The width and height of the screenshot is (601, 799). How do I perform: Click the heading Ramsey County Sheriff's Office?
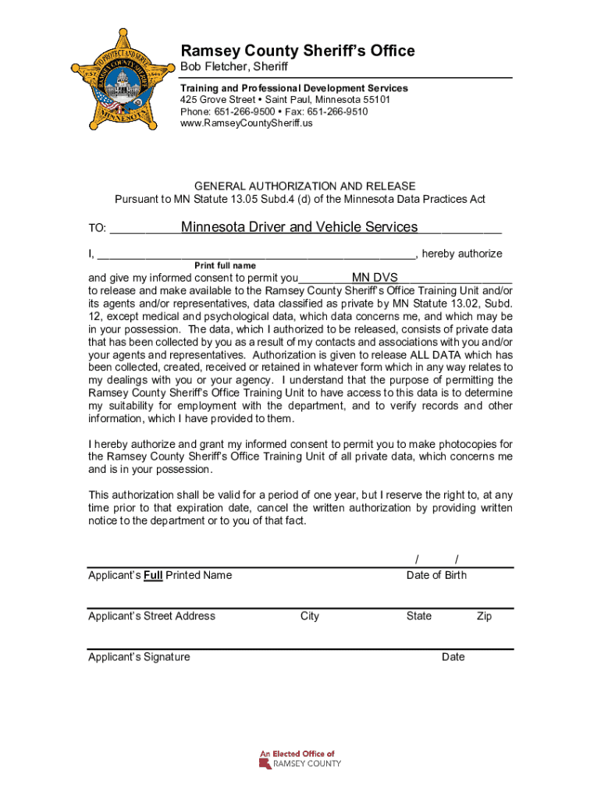tap(297, 51)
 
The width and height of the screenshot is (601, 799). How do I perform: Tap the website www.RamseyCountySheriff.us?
tap(246, 123)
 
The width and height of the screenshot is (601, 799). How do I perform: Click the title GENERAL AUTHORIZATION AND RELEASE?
tap(304, 186)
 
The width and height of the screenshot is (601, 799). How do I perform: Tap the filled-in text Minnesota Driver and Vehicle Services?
tap(299, 227)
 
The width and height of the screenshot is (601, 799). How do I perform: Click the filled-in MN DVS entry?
tap(375, 278)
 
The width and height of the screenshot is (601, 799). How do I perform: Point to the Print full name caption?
tap(225, 266)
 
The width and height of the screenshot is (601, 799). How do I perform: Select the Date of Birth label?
tap(436, 575)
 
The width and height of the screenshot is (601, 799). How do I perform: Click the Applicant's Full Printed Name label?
tap(160, 575)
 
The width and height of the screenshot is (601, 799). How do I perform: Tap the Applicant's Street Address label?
tap(151, 616)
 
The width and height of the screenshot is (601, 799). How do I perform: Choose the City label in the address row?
tap(309, 616)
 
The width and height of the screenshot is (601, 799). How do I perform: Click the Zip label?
tap(484, 616)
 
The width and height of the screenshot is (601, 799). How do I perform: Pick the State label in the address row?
tap(418, 616)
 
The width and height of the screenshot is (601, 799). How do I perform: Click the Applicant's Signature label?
tap(139, 656)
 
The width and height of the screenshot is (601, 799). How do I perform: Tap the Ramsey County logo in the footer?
tap(300, 759)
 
